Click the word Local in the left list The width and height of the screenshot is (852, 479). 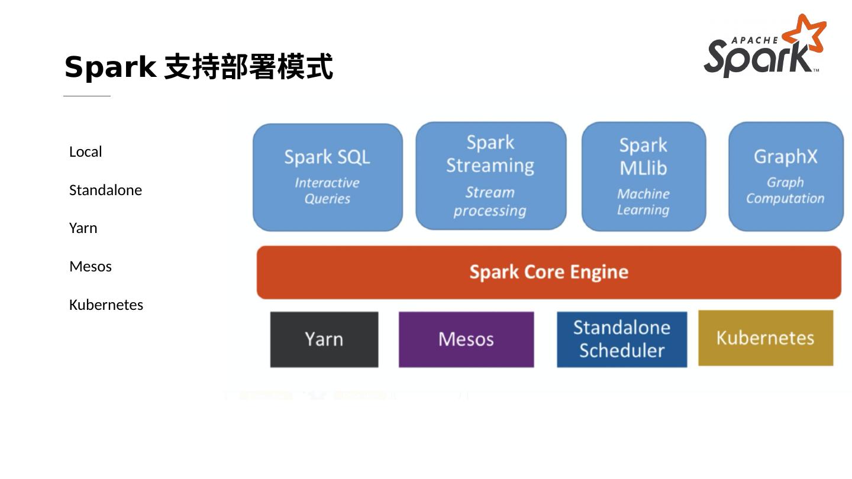(x=86, y=151)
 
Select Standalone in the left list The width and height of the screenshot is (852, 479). (x=105, y=190)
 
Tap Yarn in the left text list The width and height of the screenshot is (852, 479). (x=83, y=228)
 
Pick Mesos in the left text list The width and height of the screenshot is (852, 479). (x=91, y=267)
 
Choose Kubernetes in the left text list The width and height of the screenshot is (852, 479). (x=106, y=305)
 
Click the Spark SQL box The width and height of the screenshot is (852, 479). (x=328, y=177)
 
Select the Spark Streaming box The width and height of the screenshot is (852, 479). (x=490, y=176)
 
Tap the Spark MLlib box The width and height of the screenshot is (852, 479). (x=644, y=176)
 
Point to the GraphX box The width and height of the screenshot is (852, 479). (x=786, y=176)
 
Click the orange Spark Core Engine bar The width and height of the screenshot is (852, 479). (x=549, y=272)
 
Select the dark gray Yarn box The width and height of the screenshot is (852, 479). (x=324, y=339)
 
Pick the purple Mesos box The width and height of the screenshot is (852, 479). (x=466, y=339)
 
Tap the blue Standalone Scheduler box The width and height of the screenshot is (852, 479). (x=622, y=339)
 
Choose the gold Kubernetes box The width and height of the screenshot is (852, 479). (x=766, y=338)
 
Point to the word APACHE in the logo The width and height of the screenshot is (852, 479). (x=755, y=40)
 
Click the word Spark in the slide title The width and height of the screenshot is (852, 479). (x=110, y=67)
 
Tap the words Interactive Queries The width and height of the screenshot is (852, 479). (x=327, y=191)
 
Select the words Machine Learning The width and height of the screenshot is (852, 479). (x=643, y=202)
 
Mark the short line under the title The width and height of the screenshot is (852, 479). (x=87, y=96)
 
